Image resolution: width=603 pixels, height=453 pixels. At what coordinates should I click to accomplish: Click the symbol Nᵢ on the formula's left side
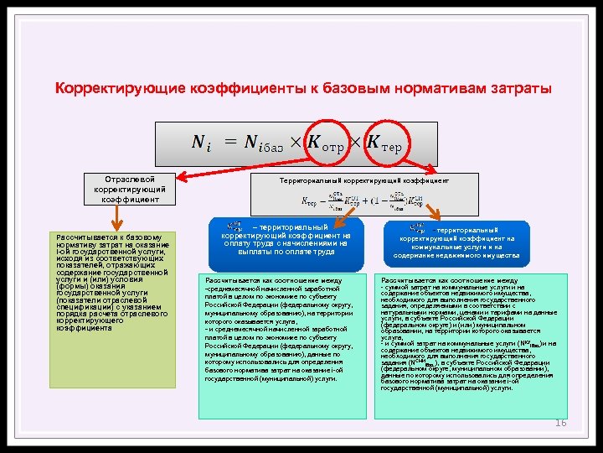pyautogui.click(x=202, y=144)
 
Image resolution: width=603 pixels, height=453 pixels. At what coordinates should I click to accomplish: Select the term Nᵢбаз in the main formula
pyautogui.click(x=265, y=144)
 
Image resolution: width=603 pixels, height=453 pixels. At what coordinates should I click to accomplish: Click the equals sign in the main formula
pyautogui.click(x=229, y=144)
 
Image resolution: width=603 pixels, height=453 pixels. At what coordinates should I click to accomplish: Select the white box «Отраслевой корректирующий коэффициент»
pyautogui.click(x=126, y=189)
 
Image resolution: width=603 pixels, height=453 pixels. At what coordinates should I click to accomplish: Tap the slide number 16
pyautogui.click(x=561, y=423)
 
